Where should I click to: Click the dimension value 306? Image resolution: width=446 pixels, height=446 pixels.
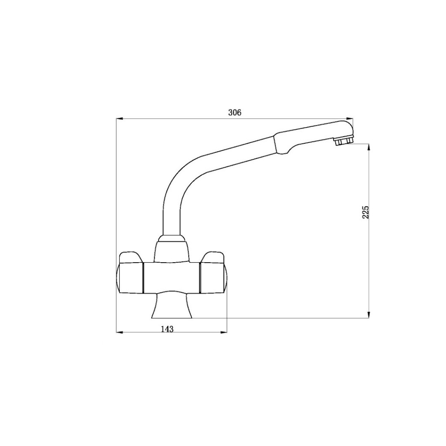click(235, 112)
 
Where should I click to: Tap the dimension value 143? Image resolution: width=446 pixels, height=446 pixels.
click(167, 329)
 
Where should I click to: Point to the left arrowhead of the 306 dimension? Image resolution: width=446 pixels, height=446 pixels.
click(119, 118)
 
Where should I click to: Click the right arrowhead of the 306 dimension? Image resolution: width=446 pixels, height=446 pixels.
click(349, 118)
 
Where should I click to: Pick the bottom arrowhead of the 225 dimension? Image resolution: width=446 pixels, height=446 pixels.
click(369, 314)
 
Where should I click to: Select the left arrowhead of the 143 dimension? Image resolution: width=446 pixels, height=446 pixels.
click(119, 333)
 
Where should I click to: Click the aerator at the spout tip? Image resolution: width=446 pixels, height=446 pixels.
click(343, 142)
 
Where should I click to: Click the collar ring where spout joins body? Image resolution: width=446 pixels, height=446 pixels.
click(173, 238)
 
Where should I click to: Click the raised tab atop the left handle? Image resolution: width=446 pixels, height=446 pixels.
click(131, 257)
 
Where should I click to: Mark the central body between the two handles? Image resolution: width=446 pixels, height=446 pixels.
click(172, 277)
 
